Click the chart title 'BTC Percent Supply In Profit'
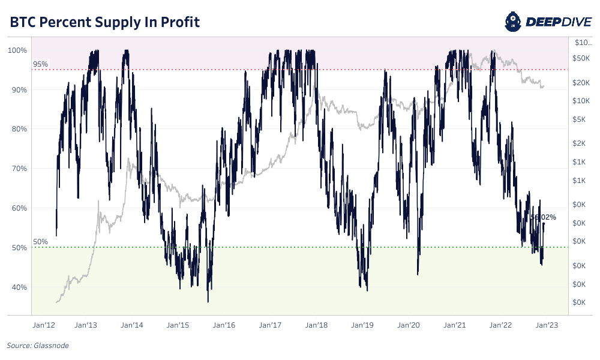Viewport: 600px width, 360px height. point(104,22)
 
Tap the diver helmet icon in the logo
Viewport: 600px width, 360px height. point(515,22)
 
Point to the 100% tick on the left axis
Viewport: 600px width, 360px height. point(18,50)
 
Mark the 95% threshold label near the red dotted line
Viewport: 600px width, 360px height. point(40,64)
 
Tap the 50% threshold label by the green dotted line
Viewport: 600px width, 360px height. point(40,242)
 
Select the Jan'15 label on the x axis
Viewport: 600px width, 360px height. point(178,325)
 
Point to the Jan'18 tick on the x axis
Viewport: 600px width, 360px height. point(316,325)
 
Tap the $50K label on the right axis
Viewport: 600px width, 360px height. point(583,58)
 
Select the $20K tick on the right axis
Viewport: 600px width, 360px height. point(583,83)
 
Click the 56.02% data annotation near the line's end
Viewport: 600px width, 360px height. point(543,217)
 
